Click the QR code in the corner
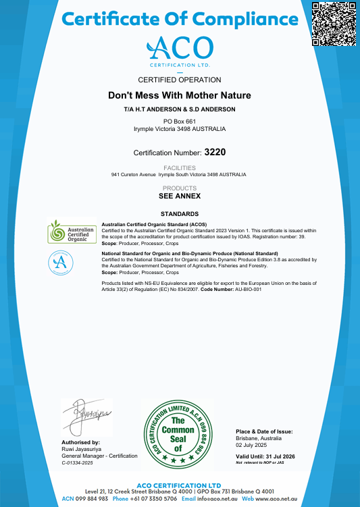(x=333, y=24)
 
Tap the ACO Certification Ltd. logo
(x=180, y=51)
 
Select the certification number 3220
(x=215, y=152)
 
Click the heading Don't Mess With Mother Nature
(x=180, y=96)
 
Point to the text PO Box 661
(x=180, y=121)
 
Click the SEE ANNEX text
(x=180, y=196)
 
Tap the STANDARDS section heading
(x=180, y=214)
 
